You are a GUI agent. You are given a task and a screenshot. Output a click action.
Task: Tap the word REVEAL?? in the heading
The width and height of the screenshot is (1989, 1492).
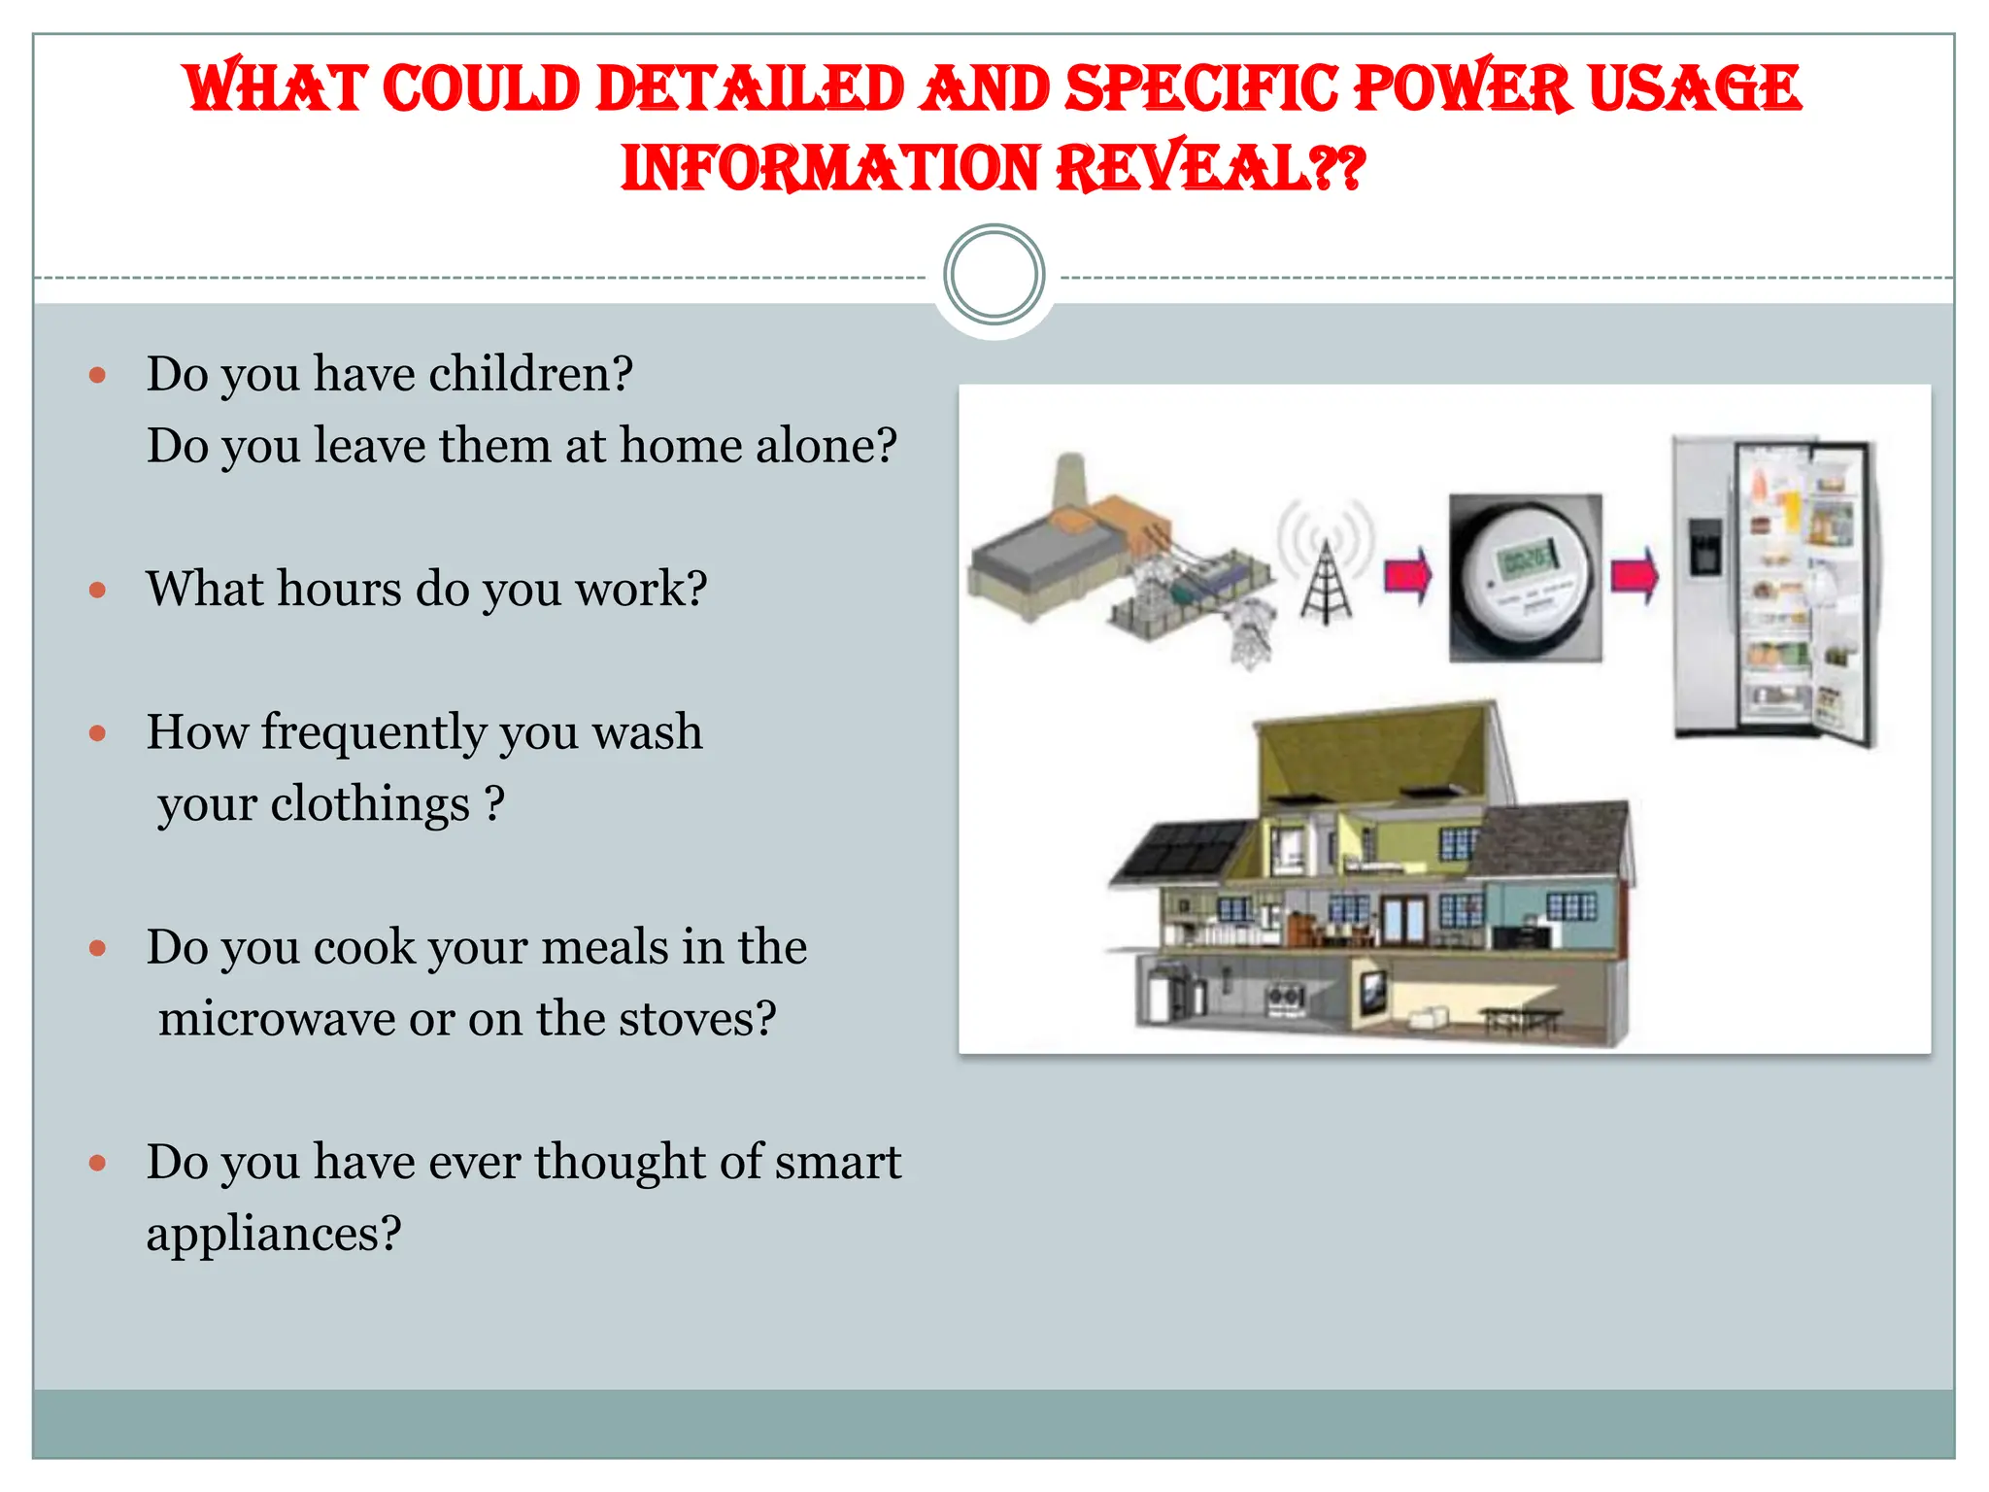tap(1210, 169)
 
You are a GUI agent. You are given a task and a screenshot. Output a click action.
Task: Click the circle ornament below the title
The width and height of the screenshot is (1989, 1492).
tap(994, 275)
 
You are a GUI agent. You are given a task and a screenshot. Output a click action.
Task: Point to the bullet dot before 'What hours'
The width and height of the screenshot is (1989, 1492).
tap(97, 590)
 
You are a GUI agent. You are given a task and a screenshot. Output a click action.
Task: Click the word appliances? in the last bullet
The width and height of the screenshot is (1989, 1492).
tap(274, 1235)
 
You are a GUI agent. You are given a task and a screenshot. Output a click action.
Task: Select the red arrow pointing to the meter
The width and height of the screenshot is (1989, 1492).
tap(1407, 576)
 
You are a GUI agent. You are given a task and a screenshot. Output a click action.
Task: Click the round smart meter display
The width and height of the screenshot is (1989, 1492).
tap(1526, 578)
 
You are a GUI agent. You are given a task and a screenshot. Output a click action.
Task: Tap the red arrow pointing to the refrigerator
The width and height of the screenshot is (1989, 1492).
tap(1635, 576)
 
